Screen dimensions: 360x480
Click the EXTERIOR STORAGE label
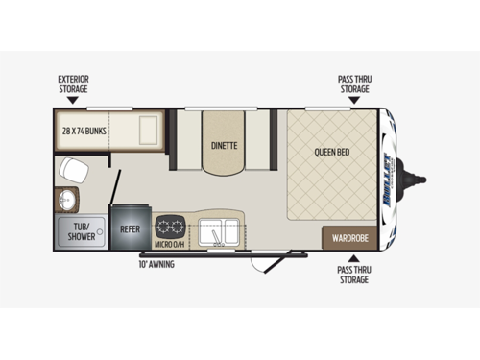pos(73,83)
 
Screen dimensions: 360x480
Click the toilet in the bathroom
pos(71,171)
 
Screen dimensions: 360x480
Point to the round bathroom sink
pos(66,201)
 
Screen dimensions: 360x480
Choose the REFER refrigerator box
pos(129,229)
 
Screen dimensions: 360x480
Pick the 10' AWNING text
pos(156,263)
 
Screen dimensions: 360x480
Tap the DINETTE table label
pos(225,146)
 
